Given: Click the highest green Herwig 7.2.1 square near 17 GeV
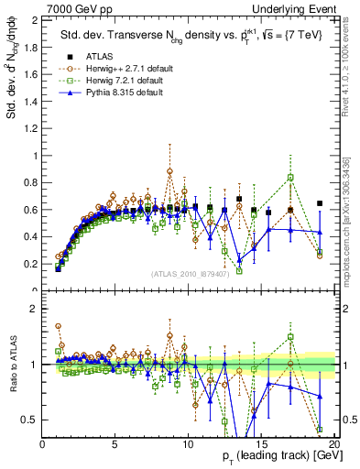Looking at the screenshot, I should click(290, 177).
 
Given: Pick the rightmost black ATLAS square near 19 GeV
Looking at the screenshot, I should click(320, 203).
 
